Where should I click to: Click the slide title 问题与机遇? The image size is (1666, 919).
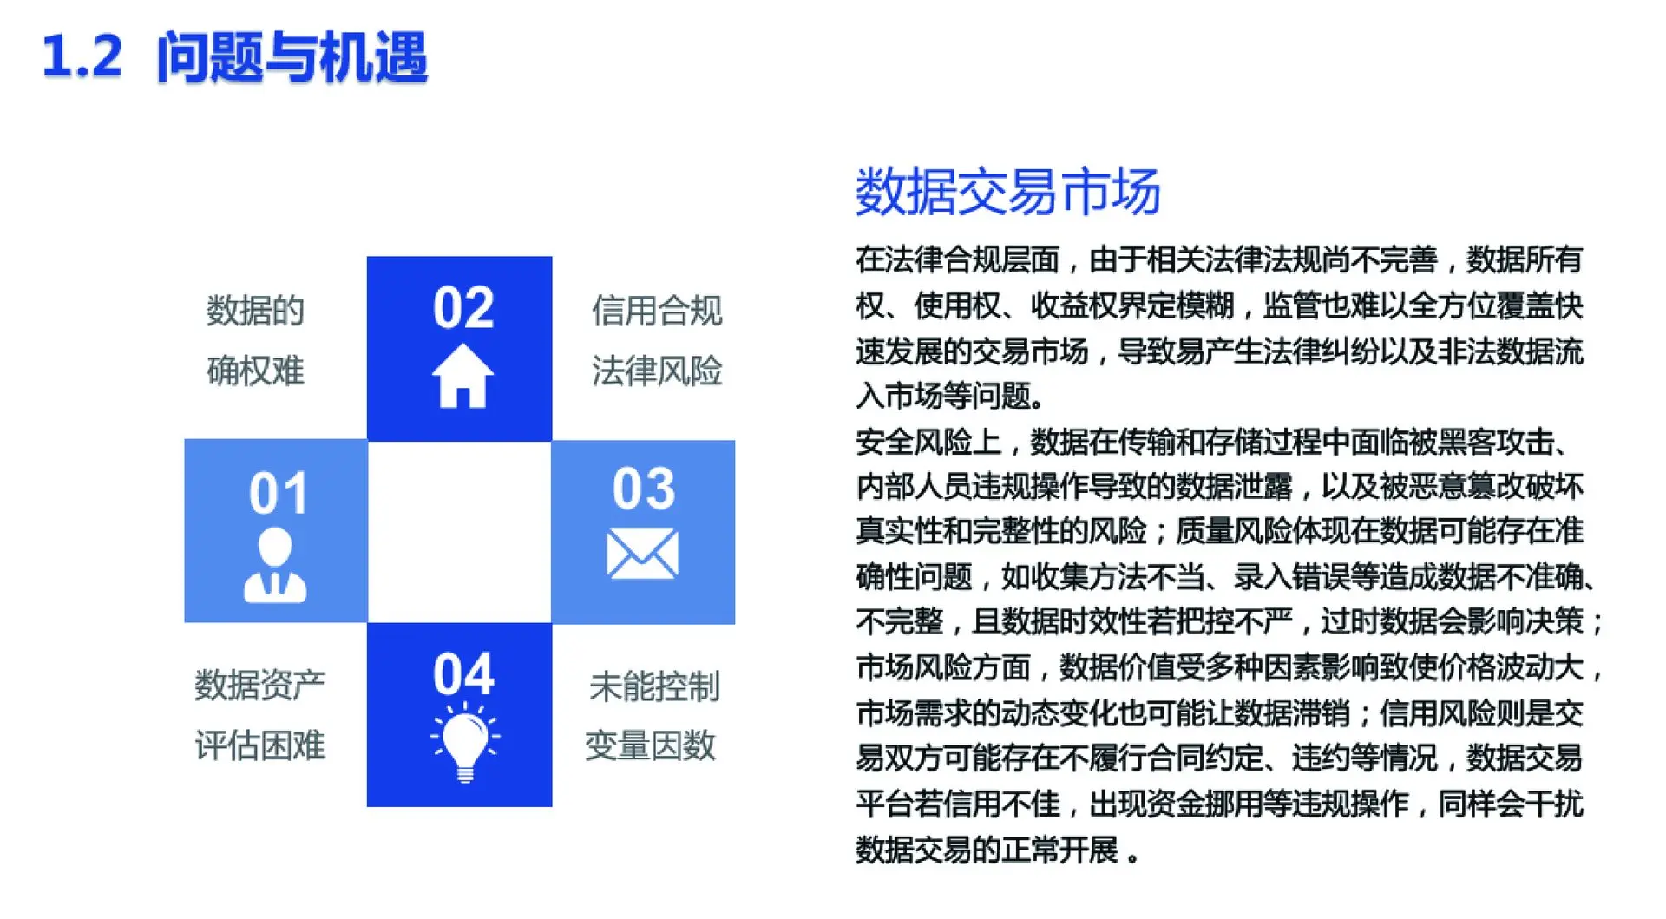[292, 57]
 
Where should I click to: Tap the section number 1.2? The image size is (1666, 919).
[82, 57]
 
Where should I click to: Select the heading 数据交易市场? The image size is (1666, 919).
[1007, 191]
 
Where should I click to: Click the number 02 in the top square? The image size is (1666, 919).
[463, 308]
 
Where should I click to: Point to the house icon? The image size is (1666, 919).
[462, 376]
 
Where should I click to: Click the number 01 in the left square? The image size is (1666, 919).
[279, 494]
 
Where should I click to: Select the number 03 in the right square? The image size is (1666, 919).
[643, 489]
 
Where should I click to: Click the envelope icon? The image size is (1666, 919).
[642, 555]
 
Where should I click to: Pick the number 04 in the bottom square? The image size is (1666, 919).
[463, 674]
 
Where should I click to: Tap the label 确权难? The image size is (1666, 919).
[255, 371]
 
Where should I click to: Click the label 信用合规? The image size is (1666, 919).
[657, 311]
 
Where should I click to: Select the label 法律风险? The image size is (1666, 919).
[657, 371]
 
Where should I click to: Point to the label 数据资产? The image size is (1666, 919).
[259, 685]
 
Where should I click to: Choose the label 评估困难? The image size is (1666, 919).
[259, 745]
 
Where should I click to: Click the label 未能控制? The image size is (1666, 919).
[654, 686]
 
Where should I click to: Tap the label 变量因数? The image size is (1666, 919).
[650, 745]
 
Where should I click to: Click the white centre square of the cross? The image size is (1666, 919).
[460, 532]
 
